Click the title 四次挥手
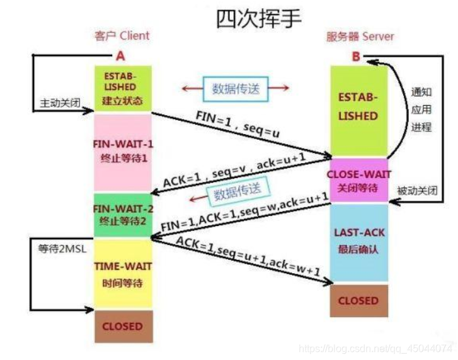(x=259, y=20)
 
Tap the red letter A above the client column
(x=120, y=56)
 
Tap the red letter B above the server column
(x=356, y=56)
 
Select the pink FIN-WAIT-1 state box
(x=123, y=152)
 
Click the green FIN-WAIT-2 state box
(x=123, y=215)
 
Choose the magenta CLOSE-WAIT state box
(x=359, y=180)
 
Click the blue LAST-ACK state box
(x=359, y=242)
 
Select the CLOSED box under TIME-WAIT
(x=123, y=326)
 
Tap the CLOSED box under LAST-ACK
(x=359, y=301)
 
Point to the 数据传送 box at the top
(x=236, y=89)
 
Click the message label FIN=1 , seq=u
(x=238, y=124)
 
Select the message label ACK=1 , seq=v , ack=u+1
(x=234, y=170)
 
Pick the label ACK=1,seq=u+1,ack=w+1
(x=248, y=256)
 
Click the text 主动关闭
(x=60, y=103)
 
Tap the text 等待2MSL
(x=62, y=249)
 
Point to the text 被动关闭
(x=418, y=191)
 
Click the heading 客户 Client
(x=122, y=36)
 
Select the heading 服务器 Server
(x=360, y=37)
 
